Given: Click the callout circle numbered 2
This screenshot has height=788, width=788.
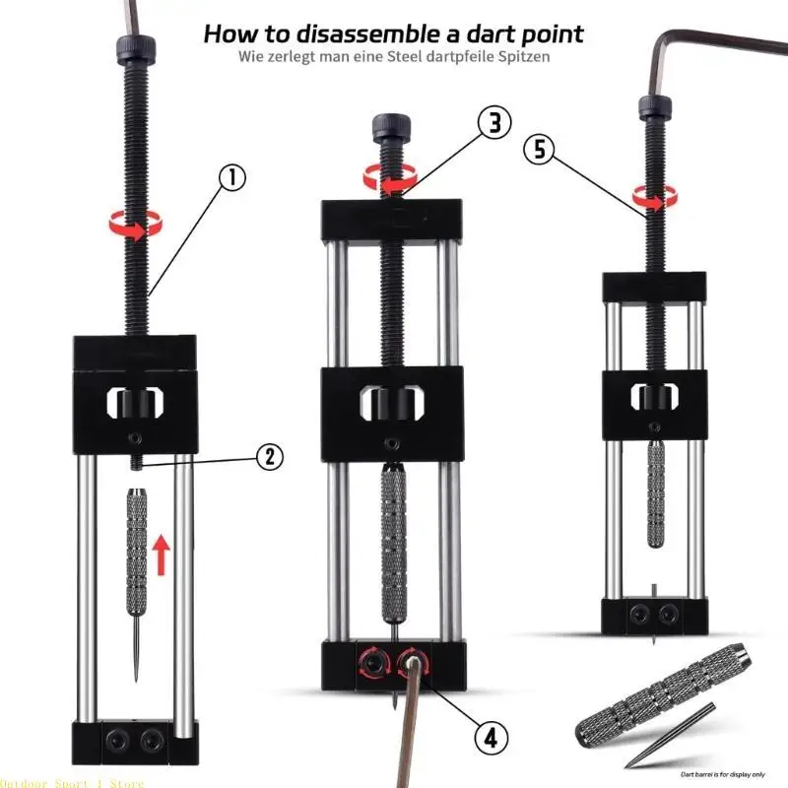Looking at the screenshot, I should pyautogui.click(x=271, y=457).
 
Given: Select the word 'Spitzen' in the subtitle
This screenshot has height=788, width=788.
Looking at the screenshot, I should pyautogui.click(x=516, y=57).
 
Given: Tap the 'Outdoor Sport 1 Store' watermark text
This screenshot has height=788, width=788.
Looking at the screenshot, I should pyautogui.click(x=73, y=783).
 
